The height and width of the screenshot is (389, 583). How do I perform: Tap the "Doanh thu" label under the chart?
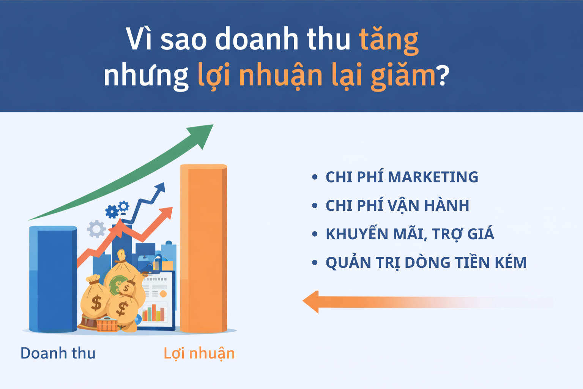(58, 353)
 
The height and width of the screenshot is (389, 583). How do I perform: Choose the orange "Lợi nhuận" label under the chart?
(199, 353)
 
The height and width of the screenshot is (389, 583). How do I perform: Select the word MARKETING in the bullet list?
(433, 177)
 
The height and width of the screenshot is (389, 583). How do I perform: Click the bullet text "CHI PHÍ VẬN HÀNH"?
(397, 206)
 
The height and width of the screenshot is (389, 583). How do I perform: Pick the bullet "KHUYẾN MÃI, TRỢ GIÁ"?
(410, 234)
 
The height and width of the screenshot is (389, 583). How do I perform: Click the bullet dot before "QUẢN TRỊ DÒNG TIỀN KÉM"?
(314, 262)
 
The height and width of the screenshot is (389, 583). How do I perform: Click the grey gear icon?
(96, 229)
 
